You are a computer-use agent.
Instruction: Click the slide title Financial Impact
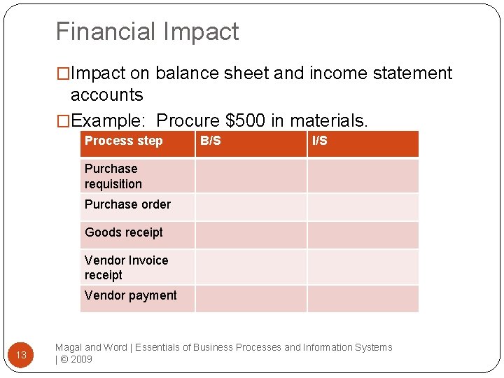click(x=147, y=31)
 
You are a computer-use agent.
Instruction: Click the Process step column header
click(x=123, y=141)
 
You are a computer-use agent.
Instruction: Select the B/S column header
click(x=210, y=141)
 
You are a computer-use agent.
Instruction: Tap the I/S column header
click(x=319, y=141)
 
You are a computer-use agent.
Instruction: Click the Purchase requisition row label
click(x=113, y=176)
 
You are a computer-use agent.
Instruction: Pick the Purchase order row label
click(x=127, y=204)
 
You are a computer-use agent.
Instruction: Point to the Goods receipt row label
click(x=123, y=232)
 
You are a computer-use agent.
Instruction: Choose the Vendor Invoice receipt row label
click(x=126, y=267)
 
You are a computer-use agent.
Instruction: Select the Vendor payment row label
click(x=130, y=295)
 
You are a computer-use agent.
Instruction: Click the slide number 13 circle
click(x=21, y=355)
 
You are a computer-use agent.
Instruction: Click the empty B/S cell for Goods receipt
click(x=251, y=235)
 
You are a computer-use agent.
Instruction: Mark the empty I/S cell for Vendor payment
click(x=363, y=298)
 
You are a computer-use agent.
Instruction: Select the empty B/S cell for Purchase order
click(x=251, y=207)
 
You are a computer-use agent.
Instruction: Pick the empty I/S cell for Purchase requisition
click(x=363, y=176)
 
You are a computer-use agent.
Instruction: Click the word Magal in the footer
click(x=69, y=347)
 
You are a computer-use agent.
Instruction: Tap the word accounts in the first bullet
click(x=106, y=95)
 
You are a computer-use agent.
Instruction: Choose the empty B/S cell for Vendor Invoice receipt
click(x=251, y=267)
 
